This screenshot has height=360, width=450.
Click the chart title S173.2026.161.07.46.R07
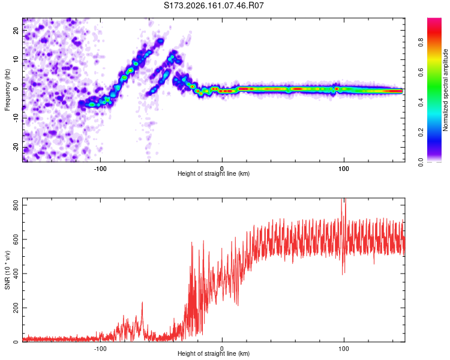[x=214, y=5]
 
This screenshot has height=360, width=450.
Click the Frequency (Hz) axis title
[x=7, y=90]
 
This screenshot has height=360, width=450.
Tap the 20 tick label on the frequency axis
[x=16, y=31]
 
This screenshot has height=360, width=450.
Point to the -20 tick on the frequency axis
[x=16, y=148]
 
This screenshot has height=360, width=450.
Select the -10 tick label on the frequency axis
[x=16, y=118]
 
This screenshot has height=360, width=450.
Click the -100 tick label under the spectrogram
[x=100, y=169]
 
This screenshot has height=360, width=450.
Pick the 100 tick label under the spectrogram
[x=344, y=169]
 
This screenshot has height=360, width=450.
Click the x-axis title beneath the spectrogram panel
[x=214, y=173]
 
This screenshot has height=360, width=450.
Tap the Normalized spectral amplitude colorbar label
[x=445, y=90]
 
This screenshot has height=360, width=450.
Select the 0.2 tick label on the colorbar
[x=421, y=132]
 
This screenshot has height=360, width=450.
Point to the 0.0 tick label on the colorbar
[x=421, y=162]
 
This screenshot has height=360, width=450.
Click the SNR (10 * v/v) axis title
[x=7, y=270]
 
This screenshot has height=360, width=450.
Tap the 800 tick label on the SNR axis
[x=16, y=205]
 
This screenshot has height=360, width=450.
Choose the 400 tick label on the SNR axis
[x=16, y=274]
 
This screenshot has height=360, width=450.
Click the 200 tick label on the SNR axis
[x=16, y=307]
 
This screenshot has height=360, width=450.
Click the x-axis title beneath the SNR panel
[x=214, y=353]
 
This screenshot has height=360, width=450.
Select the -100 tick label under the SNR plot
[x=100, y=349]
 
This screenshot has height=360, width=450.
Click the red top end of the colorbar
[x=434, y=19]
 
